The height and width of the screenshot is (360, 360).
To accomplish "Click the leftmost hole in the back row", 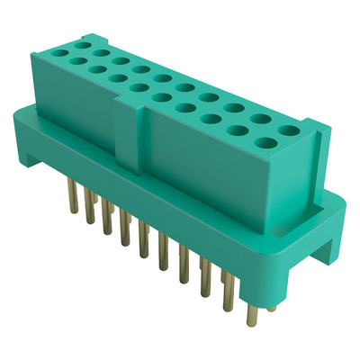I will (83, 42).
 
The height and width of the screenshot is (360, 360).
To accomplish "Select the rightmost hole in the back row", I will (288, 130).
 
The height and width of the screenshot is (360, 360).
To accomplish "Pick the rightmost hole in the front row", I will (267, 141).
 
